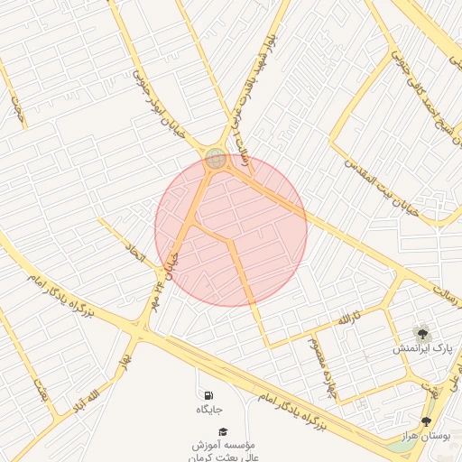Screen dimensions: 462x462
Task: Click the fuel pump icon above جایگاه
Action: [209, 395]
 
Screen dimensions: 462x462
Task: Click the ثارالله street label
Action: [349, 319]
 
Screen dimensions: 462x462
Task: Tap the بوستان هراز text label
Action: [426, 436]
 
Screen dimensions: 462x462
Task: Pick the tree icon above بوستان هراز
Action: [426, 421]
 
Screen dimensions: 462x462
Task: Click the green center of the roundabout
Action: [216, 159]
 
